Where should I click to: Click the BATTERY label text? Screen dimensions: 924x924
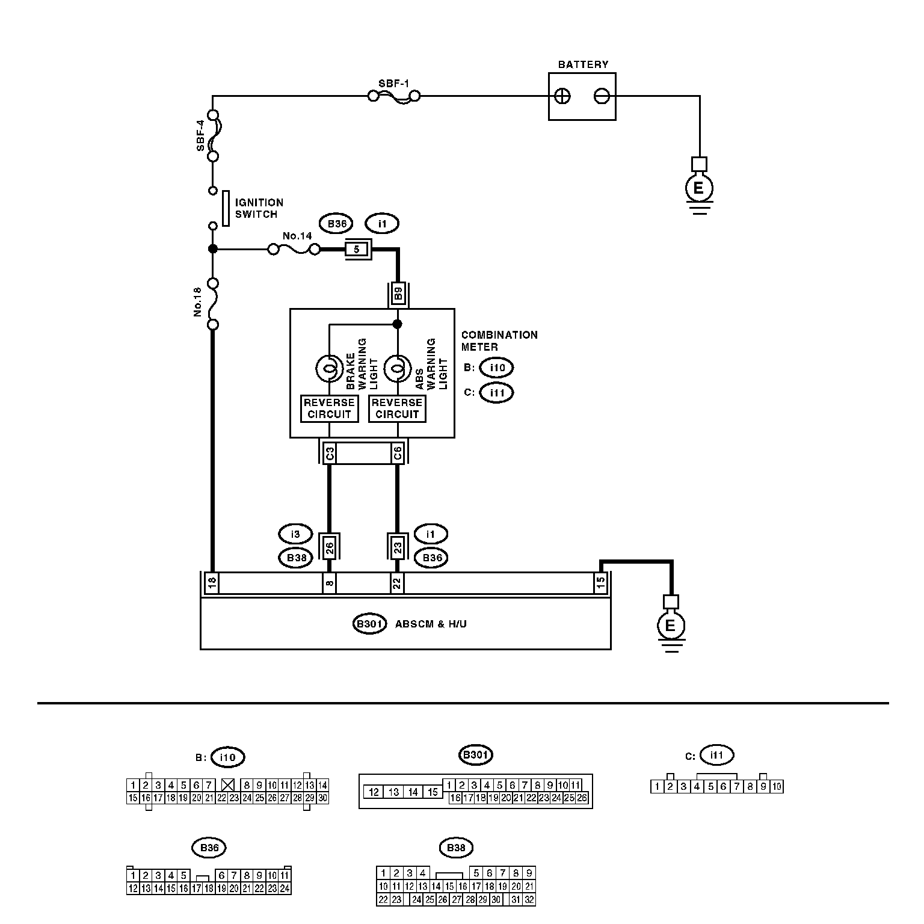(583, 64)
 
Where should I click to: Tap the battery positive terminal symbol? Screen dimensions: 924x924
(562, 96)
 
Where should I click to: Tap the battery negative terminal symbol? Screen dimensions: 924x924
(602, 96)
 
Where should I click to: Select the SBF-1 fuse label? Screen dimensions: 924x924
(393, 83)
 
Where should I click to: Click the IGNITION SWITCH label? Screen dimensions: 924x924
(259, 208)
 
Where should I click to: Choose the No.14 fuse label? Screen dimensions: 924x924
(297, 236)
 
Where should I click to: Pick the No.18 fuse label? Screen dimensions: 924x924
(198, 303)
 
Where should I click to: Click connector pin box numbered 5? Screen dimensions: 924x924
(357, 249)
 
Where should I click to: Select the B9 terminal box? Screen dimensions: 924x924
(397, 294)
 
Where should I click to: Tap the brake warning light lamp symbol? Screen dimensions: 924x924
(329, 369)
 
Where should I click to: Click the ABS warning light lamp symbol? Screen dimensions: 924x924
(397, 369)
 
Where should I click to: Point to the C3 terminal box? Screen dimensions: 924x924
(329, 453)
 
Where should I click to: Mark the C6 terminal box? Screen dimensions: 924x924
(397, 453)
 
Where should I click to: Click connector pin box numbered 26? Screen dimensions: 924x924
(329, 547)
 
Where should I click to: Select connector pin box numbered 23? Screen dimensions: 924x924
(397, 547)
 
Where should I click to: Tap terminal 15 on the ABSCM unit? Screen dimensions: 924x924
(600, 583)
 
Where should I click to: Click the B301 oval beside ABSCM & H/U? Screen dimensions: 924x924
(369, 624)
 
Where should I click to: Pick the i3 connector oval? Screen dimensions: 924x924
(295, 534)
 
